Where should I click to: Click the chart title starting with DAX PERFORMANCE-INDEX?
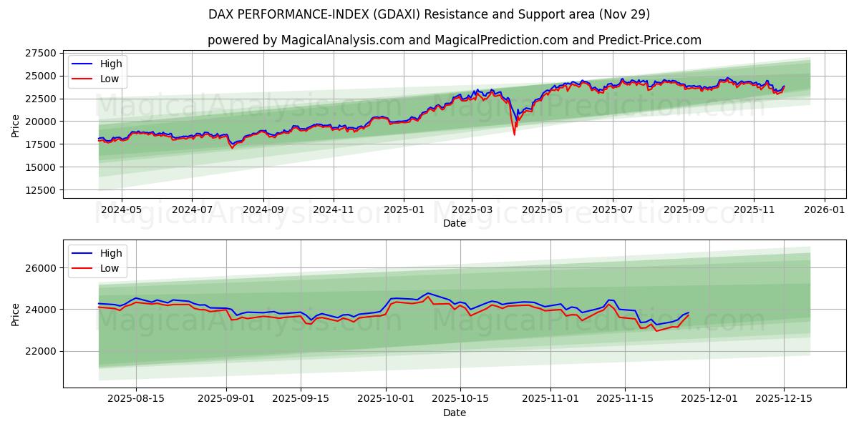[429, 14]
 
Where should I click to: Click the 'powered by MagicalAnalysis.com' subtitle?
[454, 40]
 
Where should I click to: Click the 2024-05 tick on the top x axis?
[121, 209]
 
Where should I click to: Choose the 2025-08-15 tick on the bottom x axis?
[136, 399]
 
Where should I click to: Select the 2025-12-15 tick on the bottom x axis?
[784, 399]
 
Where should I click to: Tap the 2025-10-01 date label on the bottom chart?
[387, 399]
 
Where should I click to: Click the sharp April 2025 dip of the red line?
[514, 134]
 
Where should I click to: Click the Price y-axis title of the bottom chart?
[16, 314]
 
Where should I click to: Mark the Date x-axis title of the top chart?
[454, 223]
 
